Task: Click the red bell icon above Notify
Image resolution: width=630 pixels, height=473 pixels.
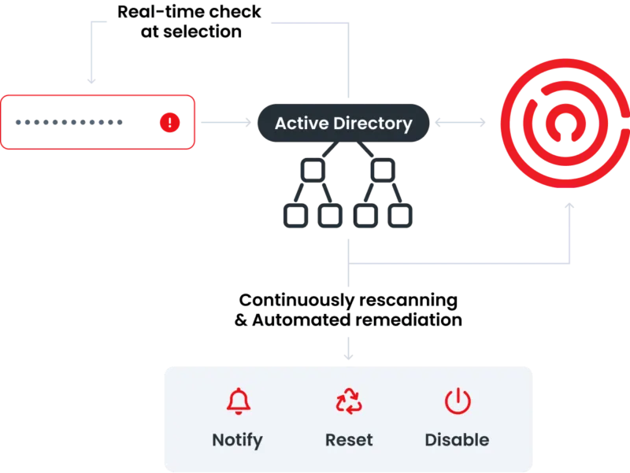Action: pyautogui.click(x=237, y=401)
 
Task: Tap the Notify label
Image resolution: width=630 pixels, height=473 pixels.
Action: pyautogui.click(x=237, y=440)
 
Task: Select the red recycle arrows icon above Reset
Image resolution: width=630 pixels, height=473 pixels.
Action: pyautogui.click(x=349, y=402)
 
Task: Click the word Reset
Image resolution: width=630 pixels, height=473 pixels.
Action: pyautogui.click(x=349, y=440)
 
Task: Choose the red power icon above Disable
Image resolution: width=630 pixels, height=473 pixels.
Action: pyautogui.click(x=457, y=401)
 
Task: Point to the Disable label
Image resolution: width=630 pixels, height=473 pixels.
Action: pyautogui.click(x=457, y=440)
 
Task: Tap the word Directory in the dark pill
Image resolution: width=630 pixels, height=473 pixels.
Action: pyautogui.click(x=373, y=124)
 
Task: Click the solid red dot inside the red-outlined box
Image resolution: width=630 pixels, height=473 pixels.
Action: pyautogui.click(x=169, y=122)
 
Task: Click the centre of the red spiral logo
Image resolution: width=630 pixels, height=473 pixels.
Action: pyautogui.click(x=561, y=123)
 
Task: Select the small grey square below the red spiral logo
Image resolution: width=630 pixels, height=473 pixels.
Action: pyautogui.click(x=570, y=207)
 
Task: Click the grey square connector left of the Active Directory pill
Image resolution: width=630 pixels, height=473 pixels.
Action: pyautogui.click(x=245, y=123)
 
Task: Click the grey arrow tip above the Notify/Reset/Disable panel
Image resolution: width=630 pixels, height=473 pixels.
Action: pyautogui.click(x=349, y=357)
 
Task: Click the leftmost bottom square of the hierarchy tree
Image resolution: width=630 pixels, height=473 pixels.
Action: pyautogui.click(x=292, y=213)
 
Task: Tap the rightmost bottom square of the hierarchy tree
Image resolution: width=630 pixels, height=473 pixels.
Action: pyautogui.click(x=402, y=213)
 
